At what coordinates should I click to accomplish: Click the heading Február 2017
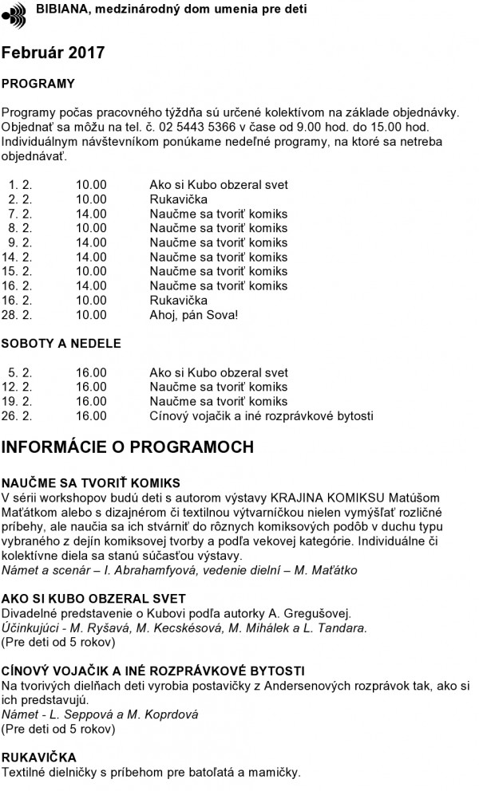click(x=53, y=53)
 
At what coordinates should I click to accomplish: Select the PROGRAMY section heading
click(x=38, y=83)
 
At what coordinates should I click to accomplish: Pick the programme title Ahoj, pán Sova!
click(x=194, y=315)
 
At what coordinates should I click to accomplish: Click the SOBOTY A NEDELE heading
click(x=61, y=344)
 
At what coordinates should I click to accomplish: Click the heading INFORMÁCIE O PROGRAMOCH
click(x=128, y=447)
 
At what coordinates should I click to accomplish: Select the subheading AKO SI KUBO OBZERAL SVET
click(x=93, y=599)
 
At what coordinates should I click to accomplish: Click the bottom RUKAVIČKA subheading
click(x=39, y=757)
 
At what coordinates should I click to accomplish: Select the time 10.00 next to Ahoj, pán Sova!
click(x=91, y=315)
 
